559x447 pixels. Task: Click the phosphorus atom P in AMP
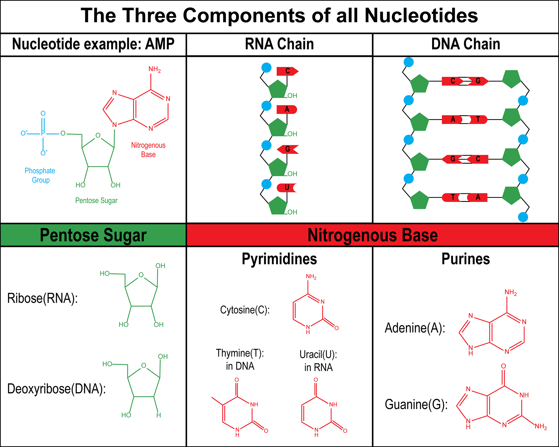pos(43,133)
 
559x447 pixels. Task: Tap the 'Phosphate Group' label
pos(40,175)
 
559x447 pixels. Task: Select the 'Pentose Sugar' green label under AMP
pos(96,201)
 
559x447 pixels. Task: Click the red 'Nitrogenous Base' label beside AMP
pos(148,150)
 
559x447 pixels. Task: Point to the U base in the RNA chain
pos(287,188)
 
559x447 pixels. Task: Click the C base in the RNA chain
pos(287,71)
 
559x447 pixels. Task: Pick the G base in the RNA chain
pos(287,149)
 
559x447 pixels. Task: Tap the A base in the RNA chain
pos(287,109)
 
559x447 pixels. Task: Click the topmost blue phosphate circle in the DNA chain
pos(408,62)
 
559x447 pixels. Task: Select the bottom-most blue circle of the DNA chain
pos(523,217)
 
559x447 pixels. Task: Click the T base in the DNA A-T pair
pos(478,119)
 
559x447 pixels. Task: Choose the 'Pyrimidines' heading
pos(279,259)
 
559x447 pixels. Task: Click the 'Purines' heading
pos(466,259)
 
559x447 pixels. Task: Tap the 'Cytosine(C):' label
pos(245,310)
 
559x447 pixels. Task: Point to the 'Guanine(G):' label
pos(416,405)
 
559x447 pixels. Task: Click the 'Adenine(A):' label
pos(415,328)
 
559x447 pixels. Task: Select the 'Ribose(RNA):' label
pos(43,298)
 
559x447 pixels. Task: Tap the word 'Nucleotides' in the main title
pos(421,15)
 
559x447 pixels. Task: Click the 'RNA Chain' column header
pos(279,44)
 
